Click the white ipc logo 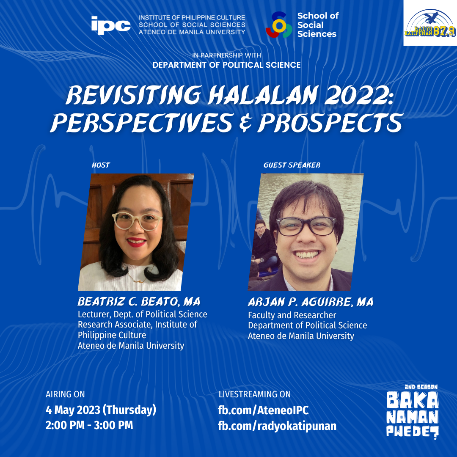pyautogui.click(x=111, y=25)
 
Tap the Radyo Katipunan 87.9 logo pyautogui.click(x=430, y=23)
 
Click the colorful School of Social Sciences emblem pyautogui.click(x=278, y=25)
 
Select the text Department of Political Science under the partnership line pyautogui.click(x=227, y=65)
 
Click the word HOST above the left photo pyautogui.click(x=101, y=165)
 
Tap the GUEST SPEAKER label pyautogui.click(x=292, y=165)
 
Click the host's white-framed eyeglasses pyautogui.click(x=137, y=221)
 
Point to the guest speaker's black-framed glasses pyautogui.click(x=306, y=226)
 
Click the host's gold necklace pyautogui.click(x=139, y=277)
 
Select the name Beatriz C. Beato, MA pyautogui.click(x=139, y=302)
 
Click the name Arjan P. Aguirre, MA pyautogui.click(x=311, y=302)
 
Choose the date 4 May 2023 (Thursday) pyautogui.click(x=101, y=410)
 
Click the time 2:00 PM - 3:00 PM pyautogui.click(x=89, y=425)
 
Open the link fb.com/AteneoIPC pyautogui.click(x=263, y=410)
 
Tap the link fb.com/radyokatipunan pyautogui.click(x=277, y=426)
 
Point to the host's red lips pyautogui.click(x=136, y=242)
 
